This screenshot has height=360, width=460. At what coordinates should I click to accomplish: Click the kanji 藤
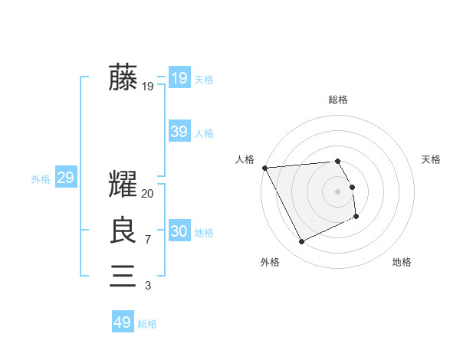123,78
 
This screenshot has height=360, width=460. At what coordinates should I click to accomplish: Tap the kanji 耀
123,186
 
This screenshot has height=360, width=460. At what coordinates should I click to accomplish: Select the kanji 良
123,231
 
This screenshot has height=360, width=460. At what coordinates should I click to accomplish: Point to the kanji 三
123,275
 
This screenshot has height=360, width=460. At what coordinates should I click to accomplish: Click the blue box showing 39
179,132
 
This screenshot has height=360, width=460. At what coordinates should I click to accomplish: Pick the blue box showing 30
179,231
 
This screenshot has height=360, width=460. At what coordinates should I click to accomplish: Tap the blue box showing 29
65,178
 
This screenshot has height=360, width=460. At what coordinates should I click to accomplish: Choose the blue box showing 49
123,322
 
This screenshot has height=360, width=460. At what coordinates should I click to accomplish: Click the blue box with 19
179,77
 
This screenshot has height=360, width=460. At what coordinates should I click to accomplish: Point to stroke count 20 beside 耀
148,194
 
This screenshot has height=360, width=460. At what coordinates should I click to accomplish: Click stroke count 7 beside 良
147,240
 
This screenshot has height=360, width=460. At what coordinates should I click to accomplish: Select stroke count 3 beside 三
147,286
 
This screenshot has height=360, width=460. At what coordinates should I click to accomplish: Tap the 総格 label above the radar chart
338,100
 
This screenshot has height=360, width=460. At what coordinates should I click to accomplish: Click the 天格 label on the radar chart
431,159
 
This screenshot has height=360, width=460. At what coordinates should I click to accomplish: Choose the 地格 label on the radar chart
402,262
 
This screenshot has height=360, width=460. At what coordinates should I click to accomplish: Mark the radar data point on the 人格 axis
264,168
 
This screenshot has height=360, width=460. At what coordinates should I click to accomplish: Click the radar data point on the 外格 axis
302,242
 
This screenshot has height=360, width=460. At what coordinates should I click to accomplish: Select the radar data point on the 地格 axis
356,217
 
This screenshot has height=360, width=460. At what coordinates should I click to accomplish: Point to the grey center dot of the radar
338,191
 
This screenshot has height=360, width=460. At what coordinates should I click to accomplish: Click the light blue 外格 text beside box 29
41,179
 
